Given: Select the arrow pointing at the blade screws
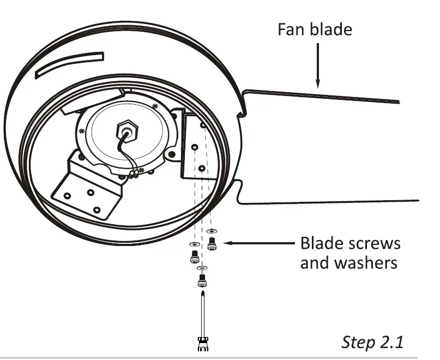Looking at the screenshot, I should pyautogui.click(x=256, y=243).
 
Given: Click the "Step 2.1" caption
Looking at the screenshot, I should pyautogui.click(x=373, y=342).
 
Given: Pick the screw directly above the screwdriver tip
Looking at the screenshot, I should pyautogui.click(x=202, y=281).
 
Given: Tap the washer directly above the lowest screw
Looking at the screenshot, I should pyautogui.click(x=202, y=268).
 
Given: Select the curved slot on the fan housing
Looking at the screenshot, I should pyautogui.click(x=69, y=64).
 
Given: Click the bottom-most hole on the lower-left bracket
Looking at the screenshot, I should pyautogui.click(x=97, y=209).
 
